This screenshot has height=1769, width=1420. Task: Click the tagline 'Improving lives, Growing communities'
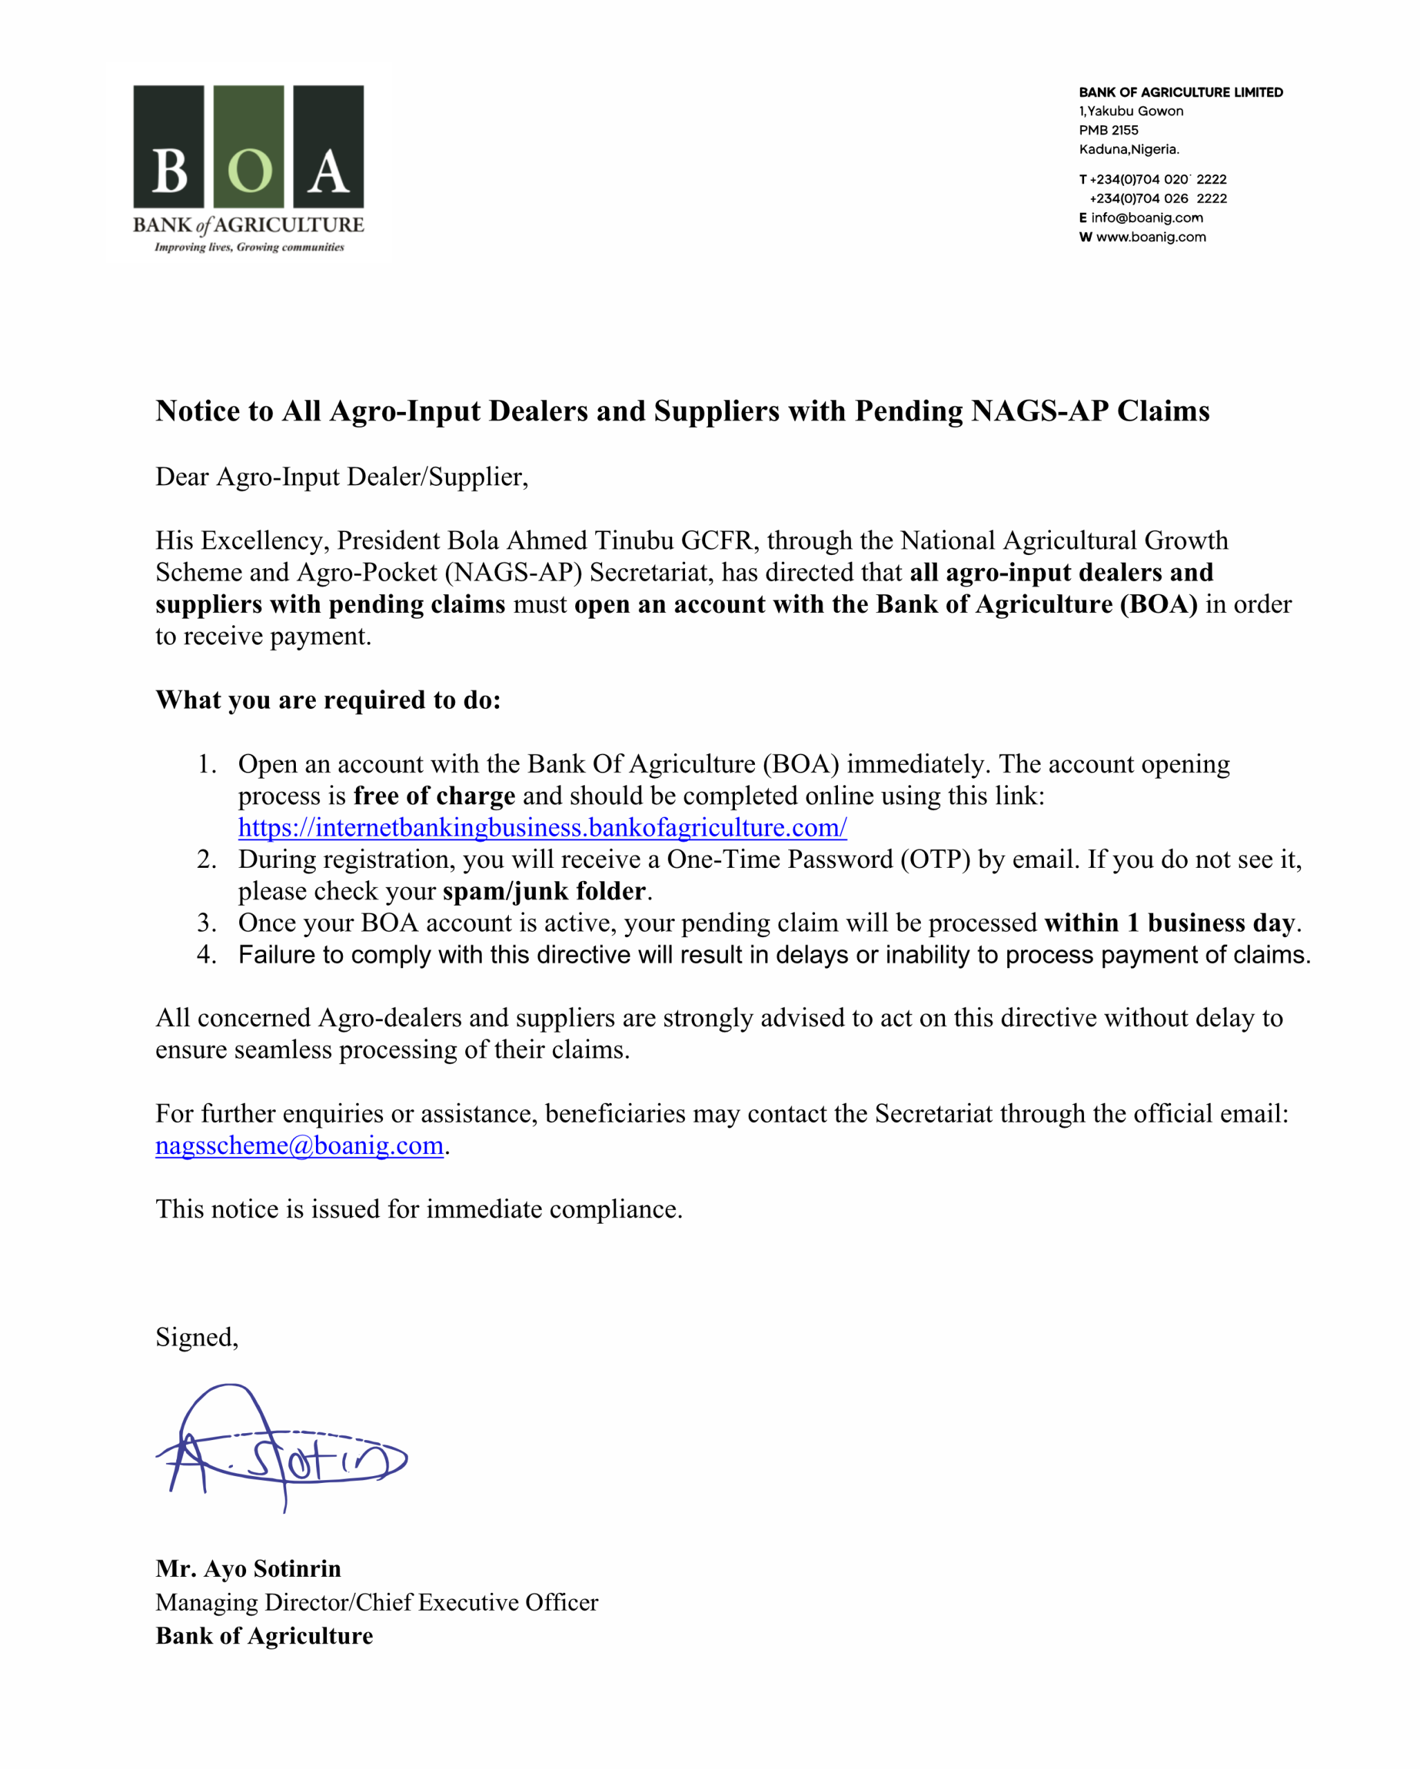tap(249, 247)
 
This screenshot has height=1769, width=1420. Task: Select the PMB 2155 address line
tap(1108, 131)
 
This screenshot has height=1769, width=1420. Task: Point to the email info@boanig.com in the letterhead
tap(1147, 218)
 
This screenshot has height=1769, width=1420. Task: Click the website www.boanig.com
tap(1151, 237)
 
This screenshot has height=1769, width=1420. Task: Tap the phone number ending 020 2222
tap(1157, 180)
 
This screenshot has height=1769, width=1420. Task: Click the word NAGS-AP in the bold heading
tap(1039, 411)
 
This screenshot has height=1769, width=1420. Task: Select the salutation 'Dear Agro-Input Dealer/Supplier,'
tap(342, 477)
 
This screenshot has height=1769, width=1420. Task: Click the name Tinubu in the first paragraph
tap(634, 540)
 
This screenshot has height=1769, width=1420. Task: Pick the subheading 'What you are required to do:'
tap(328, 700)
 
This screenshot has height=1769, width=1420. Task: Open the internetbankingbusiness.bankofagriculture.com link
tap(542, 827)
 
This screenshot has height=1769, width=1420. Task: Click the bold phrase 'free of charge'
tap(434, 796)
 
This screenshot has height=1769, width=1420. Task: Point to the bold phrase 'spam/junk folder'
tap(544, 891)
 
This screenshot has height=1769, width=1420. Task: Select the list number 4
tap(205, 955)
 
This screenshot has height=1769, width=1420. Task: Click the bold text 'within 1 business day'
tap(1170, 923)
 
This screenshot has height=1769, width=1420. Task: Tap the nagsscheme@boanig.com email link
tap(299, 1146)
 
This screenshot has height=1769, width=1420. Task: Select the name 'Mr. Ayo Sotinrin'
tap(248, 1569)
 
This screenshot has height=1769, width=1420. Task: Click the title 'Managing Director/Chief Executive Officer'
tap(377, 1602)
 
